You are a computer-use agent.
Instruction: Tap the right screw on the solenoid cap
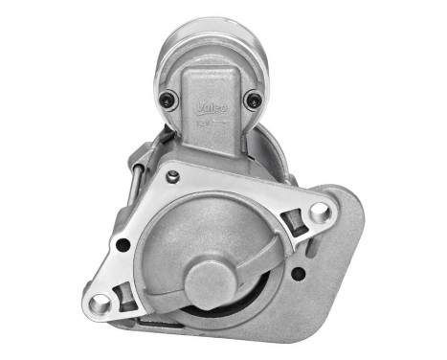point(253,99)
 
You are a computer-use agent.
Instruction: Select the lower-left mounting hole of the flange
point(101,304)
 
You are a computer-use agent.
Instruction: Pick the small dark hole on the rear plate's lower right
point(299,273)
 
